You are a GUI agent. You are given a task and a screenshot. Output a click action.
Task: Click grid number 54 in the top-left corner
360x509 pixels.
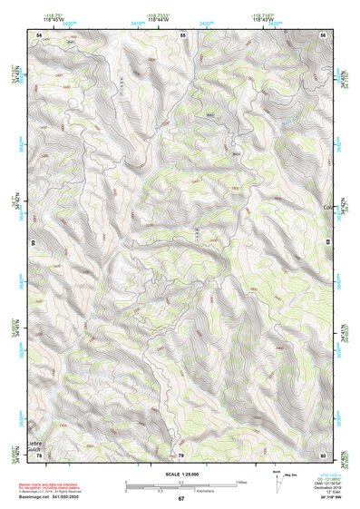click(x=39, y=34)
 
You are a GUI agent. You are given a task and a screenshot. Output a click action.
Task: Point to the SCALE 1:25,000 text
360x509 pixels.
click(x=180, y=474)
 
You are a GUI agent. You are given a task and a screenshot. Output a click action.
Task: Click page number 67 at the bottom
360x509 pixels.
click(x=181, y=498)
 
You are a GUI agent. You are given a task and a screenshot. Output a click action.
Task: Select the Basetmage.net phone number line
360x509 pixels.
click(x=56, y=496)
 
